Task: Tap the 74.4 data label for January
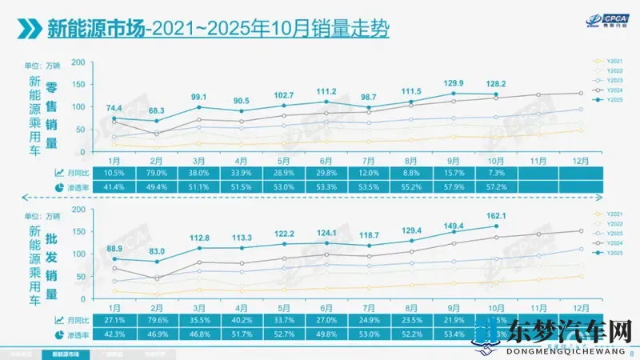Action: point(113,108)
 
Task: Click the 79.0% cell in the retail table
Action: point(157,173)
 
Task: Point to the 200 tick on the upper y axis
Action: point(78,62)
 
